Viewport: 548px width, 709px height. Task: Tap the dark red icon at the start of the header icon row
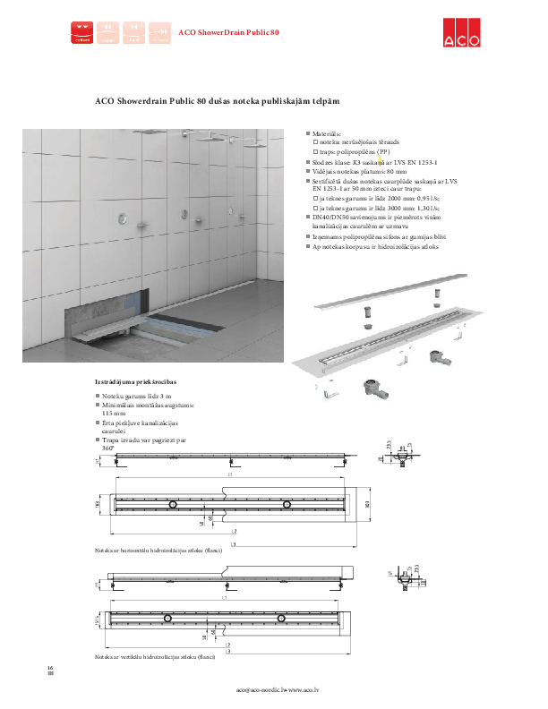point(82,33)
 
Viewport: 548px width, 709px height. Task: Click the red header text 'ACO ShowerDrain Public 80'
point(229,32)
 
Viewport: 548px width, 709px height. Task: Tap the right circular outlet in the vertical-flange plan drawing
point(280,619)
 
